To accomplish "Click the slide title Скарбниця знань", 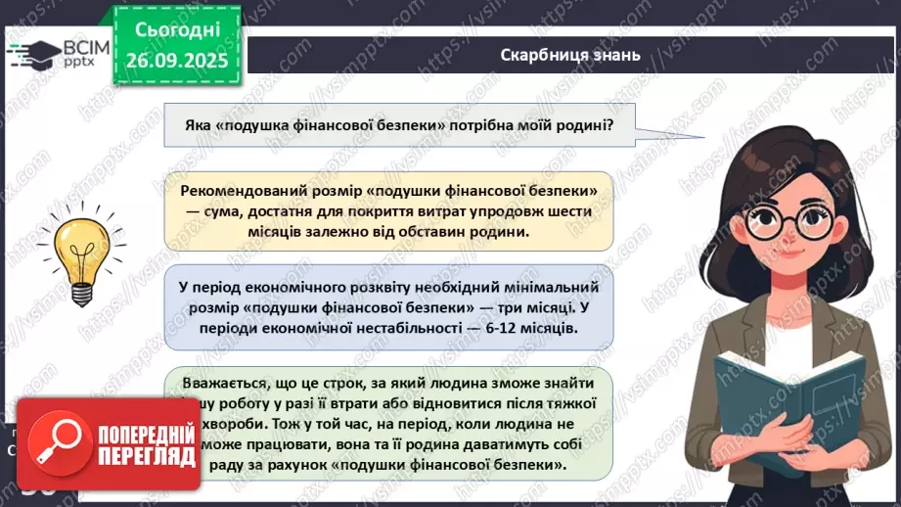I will tap(569, 55).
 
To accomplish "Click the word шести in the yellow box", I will tap(567, 210).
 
